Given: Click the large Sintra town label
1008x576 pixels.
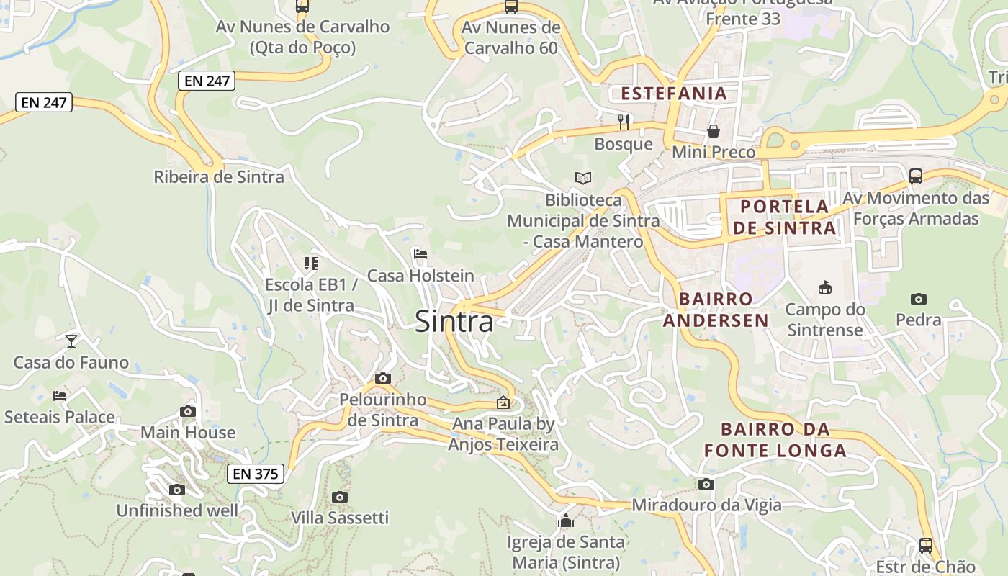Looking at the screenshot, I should [x=454, y=321].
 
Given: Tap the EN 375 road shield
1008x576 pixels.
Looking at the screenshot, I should [x=256, y=474].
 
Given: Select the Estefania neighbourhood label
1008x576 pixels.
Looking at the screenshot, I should [x=674, y=93].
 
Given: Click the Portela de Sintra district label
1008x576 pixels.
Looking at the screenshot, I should [x=784, y=217].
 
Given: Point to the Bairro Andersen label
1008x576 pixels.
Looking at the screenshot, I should [x=716, y=309].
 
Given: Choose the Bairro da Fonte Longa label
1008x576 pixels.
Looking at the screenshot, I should [x=775, y=440].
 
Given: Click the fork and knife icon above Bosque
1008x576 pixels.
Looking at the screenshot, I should [x=624, y=122].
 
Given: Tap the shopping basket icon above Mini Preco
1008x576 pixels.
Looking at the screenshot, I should [x=714, y=130].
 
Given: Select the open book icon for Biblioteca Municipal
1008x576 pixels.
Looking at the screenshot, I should [x=582, y=178].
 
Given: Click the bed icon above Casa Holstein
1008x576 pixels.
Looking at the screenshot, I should [x=420, y=253].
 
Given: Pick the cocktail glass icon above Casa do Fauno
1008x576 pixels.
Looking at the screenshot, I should [x=71, y=341].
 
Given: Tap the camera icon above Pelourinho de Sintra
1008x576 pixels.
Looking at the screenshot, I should [x=383, y=378].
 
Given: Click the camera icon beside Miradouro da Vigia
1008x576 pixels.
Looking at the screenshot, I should [x=706, y=484].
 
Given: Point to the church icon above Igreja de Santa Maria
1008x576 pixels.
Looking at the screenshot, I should [x=566, y=521].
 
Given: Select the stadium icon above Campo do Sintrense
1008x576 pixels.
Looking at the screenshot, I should [x=824, y=288].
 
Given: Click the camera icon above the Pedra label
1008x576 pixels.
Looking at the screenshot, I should [x=919, y=299].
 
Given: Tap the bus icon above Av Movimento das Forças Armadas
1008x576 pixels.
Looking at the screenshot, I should [x=916, y=176].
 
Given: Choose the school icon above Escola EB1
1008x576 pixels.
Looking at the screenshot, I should [x=311, y=264].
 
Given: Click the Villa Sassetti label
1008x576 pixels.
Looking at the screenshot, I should [x=340, y=518].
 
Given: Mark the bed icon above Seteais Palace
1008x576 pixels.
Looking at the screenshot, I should [x=60, y=395].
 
